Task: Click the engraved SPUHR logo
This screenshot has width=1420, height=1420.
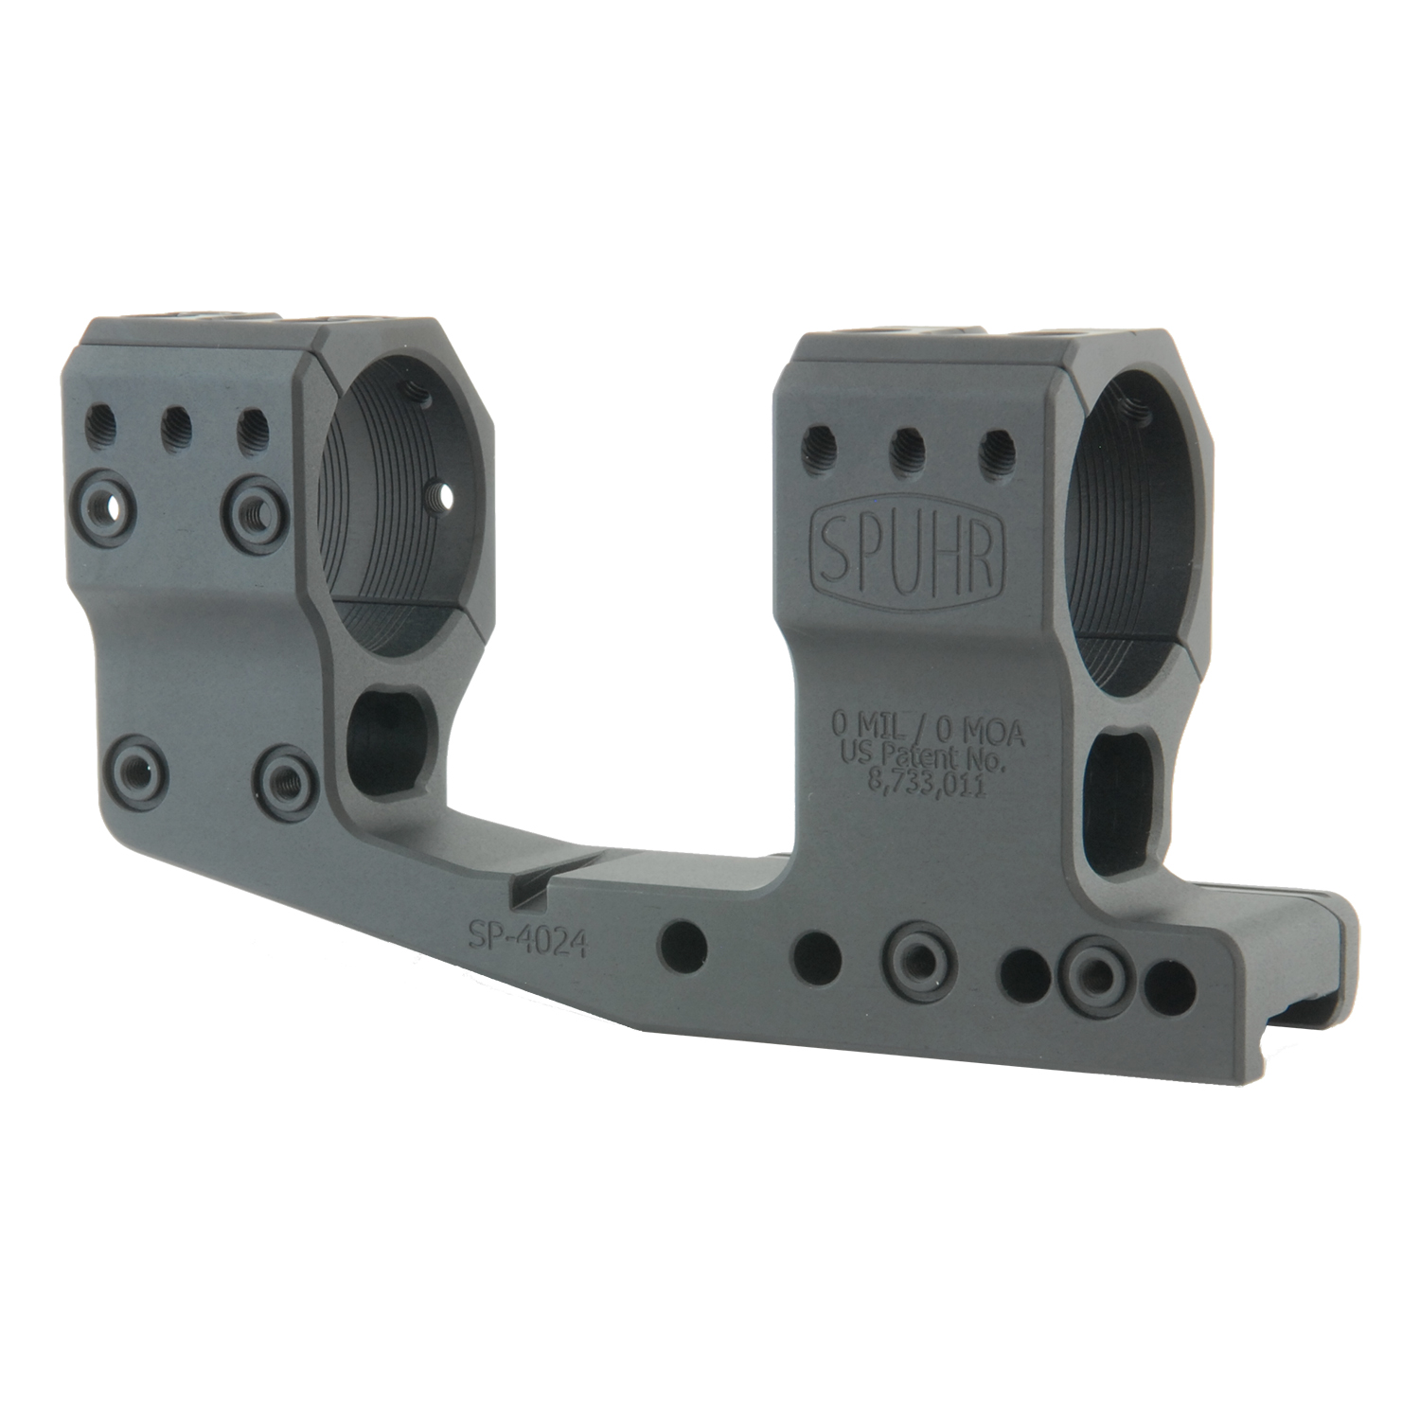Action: (x=907, y=552)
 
